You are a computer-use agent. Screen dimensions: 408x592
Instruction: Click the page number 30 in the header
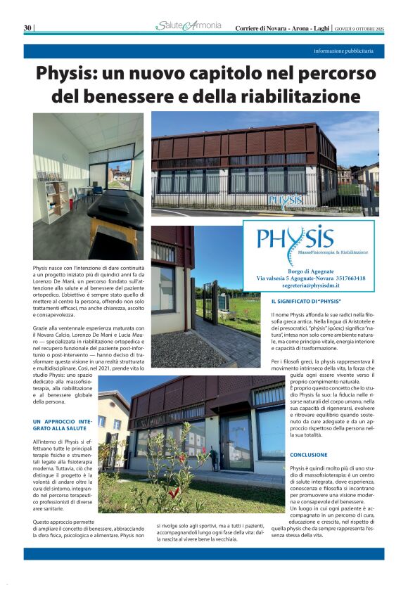[28, 27]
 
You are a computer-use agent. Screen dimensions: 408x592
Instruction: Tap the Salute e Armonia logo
[188, 27]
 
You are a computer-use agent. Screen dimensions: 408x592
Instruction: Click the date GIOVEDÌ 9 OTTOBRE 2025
[359, 27]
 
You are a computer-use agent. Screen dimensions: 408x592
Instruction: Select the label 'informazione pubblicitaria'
[349, 52]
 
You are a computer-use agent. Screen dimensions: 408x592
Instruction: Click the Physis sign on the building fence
[284, 203]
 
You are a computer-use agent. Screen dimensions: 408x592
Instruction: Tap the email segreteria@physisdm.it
[309, 286]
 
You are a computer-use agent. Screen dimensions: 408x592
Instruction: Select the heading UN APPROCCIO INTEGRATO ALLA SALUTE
[63, 424]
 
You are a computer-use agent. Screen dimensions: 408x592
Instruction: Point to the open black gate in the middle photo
[209, 302]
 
